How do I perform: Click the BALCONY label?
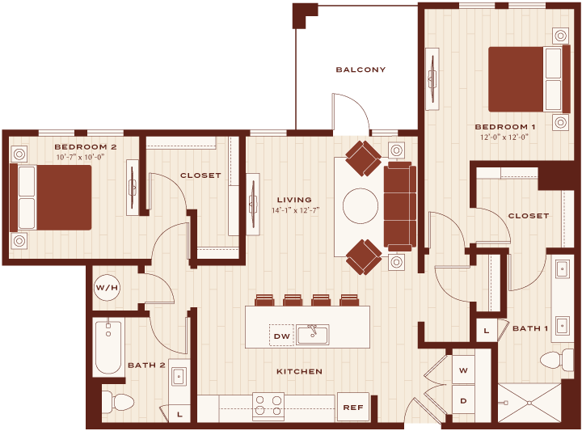[x=361, y=70]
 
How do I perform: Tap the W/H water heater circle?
[x=107, y=287]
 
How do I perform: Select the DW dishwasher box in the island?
[x=282, y=336]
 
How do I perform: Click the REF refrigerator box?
[x=353, y=408]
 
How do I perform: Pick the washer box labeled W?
[x=463, y=370]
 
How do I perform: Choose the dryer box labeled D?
[x=463, y=400]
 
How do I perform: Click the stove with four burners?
[x=268, y=407]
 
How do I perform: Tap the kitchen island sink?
[x=313, y=334]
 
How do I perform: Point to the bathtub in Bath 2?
[x=108, y=346]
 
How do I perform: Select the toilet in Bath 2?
[x=118, y=401]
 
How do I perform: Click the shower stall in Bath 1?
[x=529, y=403]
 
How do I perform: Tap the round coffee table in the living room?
[x=361, y=206]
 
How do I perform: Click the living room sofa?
[x=400, y=206]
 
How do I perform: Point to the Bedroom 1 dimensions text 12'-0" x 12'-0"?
[x=504, y=137]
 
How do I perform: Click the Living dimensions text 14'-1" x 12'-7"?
[x=296, y=210]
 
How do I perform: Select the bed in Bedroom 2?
[x=50, y=197]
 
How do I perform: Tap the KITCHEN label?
[x=300, y=371]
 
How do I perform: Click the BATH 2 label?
[x=146, y=366]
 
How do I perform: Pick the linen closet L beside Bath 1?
[x=487, y=331]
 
